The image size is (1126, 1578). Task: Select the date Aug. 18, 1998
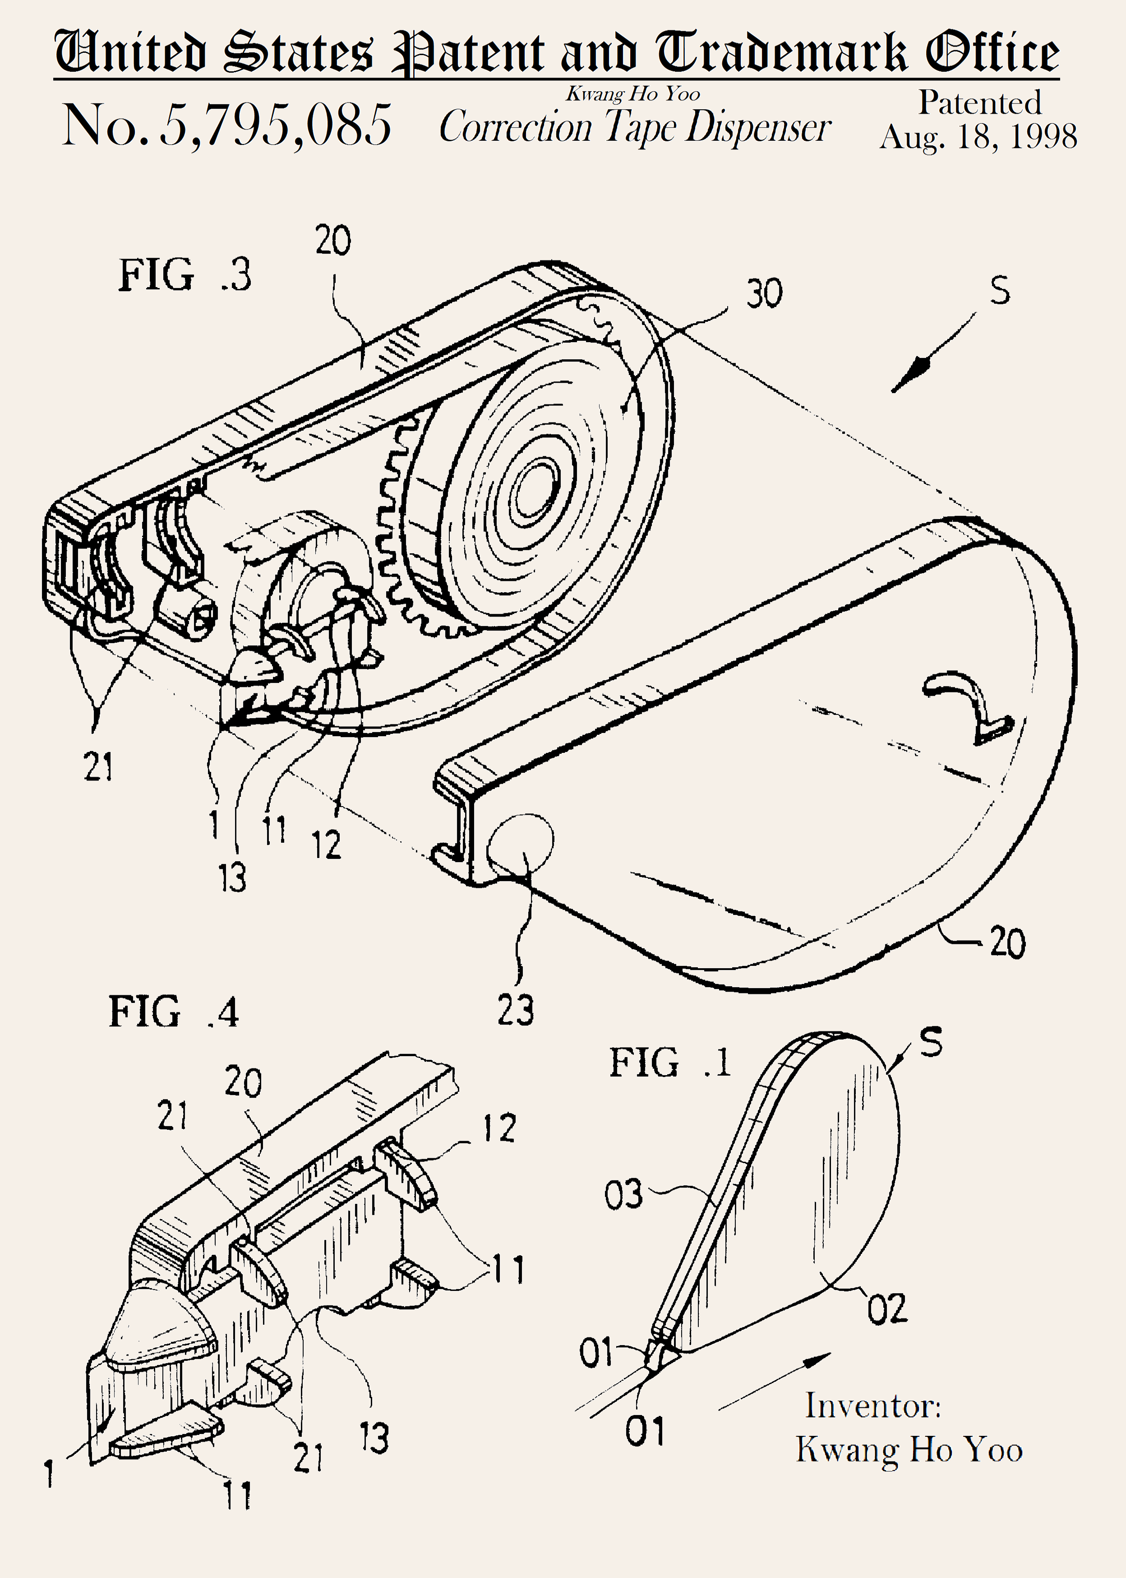click(x=978, y=137)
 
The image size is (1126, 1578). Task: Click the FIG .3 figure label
click(x=185, y=275)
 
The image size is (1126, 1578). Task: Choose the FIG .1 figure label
click(x=670, y=1063)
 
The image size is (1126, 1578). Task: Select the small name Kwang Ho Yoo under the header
click(x=632, y=93)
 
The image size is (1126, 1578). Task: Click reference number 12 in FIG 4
click(x=499, y=1128)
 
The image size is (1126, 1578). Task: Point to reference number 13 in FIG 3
click(x=232, y=877)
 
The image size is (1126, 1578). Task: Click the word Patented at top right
click(x=980, y=102)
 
